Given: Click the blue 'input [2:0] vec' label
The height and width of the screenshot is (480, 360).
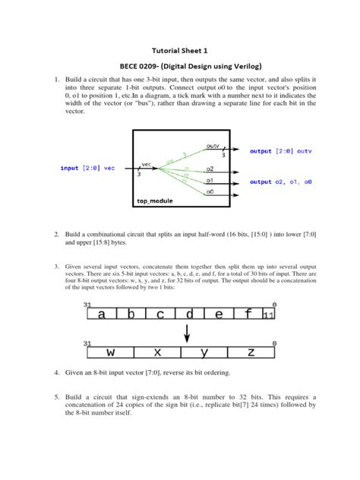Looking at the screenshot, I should (88, 167).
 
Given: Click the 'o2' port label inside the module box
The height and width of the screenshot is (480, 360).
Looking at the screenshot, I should (210, 169).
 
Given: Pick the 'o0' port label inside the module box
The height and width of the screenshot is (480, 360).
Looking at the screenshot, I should (210, 192).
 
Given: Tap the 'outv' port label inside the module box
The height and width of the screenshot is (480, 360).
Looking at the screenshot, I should (213, 145).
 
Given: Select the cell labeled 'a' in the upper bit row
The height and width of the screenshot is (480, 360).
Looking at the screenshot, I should (102, 314).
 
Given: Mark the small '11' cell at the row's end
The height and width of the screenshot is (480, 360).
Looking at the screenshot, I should (268, 314).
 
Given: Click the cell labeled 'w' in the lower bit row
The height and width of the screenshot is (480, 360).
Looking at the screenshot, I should (111, 353).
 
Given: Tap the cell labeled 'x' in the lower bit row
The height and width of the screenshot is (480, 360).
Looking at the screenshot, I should (158, 353).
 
